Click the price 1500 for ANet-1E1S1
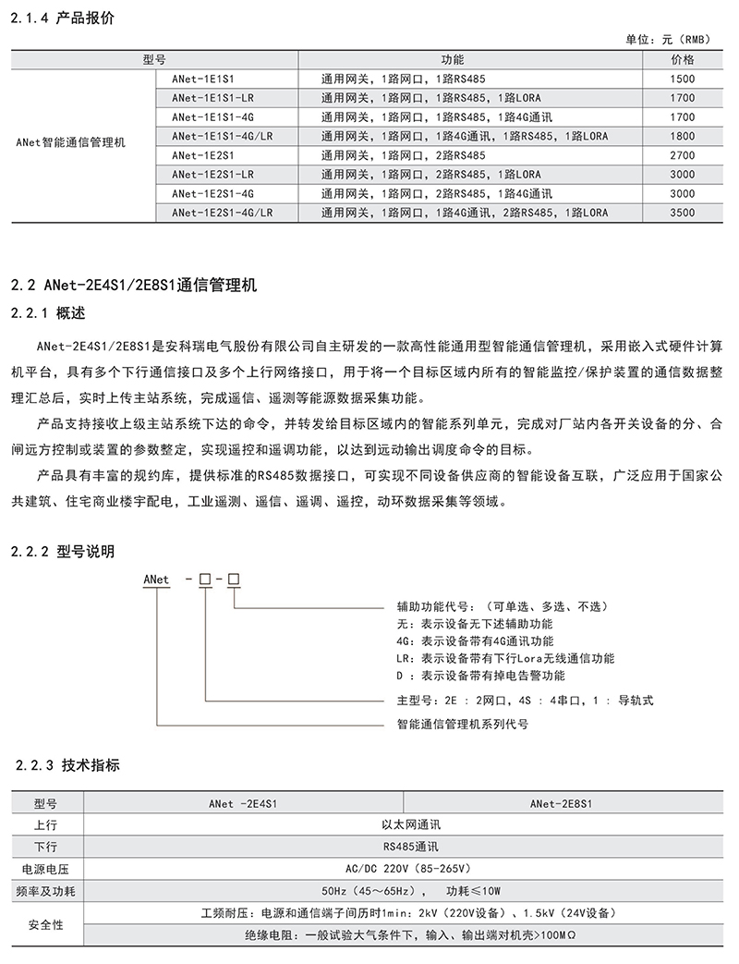[x=682, y=79]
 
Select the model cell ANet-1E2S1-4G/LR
[x=222, y=213]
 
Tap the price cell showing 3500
[x=682, y=213]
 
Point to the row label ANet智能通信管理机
[x=71, y=143]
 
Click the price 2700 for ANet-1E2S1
[x=682, y=155]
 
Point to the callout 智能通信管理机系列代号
[x=462, y=725]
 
